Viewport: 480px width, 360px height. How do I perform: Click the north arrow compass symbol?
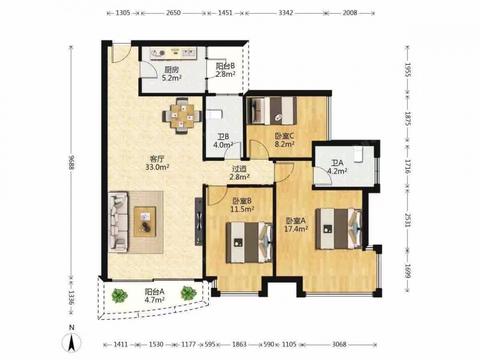pos(72,342)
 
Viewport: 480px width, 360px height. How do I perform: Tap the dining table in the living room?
pos(182,116)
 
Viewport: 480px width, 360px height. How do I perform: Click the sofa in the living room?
pos(118,222)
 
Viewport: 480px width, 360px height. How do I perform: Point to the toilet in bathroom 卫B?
pos(214,115)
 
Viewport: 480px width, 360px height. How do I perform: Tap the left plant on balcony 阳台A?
pos(119,295)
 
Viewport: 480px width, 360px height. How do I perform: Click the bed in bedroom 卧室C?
pos(272,110)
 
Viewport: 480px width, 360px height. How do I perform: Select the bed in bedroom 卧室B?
pos(249,242)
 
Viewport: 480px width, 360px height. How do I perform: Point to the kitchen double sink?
pos(189,53)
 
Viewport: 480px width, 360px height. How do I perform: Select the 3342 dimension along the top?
pos(286,13)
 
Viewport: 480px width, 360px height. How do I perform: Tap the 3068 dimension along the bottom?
pos(339,344)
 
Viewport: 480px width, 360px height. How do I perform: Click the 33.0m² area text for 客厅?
pos(157,167)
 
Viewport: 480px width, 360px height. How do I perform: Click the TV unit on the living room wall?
pos(199,221)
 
